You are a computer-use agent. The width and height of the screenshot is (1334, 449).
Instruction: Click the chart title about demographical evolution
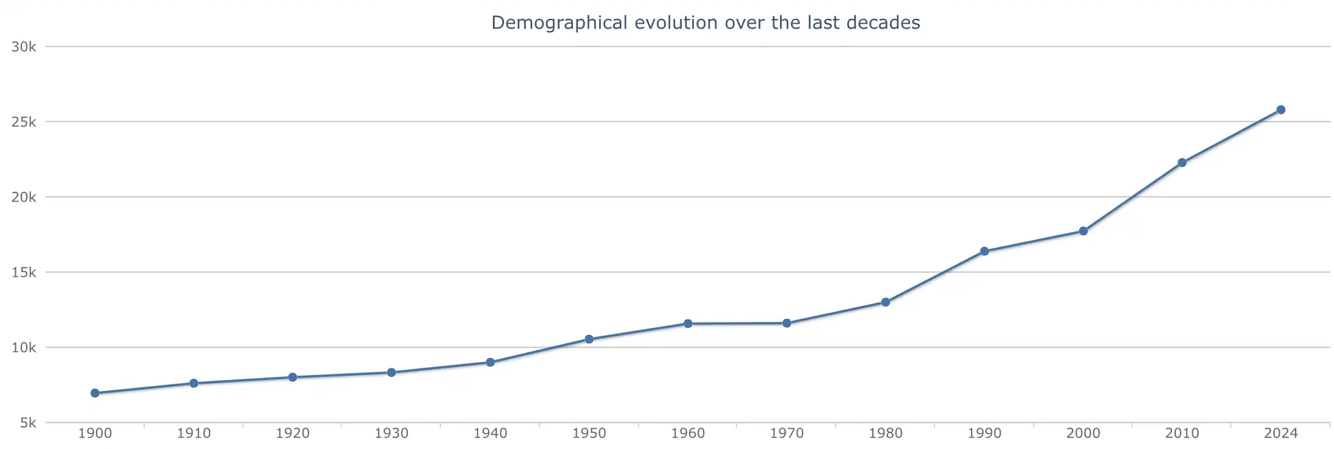tap(705, 23)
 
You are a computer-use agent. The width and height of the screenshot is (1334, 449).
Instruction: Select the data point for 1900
tap(95, 393)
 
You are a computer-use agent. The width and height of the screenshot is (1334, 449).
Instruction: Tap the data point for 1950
tap(589, 339)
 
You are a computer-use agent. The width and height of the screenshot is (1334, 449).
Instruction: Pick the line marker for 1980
tap(886, 302)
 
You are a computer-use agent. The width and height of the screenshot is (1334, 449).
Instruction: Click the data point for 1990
tap(985, 251)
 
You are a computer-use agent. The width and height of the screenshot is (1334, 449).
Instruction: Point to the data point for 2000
tap(1084, 231)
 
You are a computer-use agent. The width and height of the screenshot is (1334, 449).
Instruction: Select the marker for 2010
tap(1182, 162)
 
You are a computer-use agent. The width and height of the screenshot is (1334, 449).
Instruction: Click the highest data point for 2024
tap(1281, 110)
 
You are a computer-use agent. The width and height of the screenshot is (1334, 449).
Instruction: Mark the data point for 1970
tap(787, 323)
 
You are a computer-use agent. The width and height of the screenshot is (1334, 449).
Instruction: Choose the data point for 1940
tap(490, 362)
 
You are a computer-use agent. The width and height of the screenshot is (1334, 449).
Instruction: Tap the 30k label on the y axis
tap(24, 47)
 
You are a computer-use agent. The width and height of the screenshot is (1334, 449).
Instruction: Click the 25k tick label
tap(24, 122)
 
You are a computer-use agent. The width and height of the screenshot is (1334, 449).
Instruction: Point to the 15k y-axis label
tap(24, 272)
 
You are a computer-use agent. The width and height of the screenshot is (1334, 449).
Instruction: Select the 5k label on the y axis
tap(28, 423)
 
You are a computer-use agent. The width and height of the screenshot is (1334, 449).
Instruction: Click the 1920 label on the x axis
tap(293, 433)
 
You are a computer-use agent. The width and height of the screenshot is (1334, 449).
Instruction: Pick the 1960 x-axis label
tap(688, 433)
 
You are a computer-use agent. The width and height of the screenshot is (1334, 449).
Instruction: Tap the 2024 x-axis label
tap(1281, 433)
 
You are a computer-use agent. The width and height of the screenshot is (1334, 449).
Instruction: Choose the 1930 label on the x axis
tap(392, 433)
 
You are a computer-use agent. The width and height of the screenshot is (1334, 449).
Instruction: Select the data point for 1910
tap(194, 383)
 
